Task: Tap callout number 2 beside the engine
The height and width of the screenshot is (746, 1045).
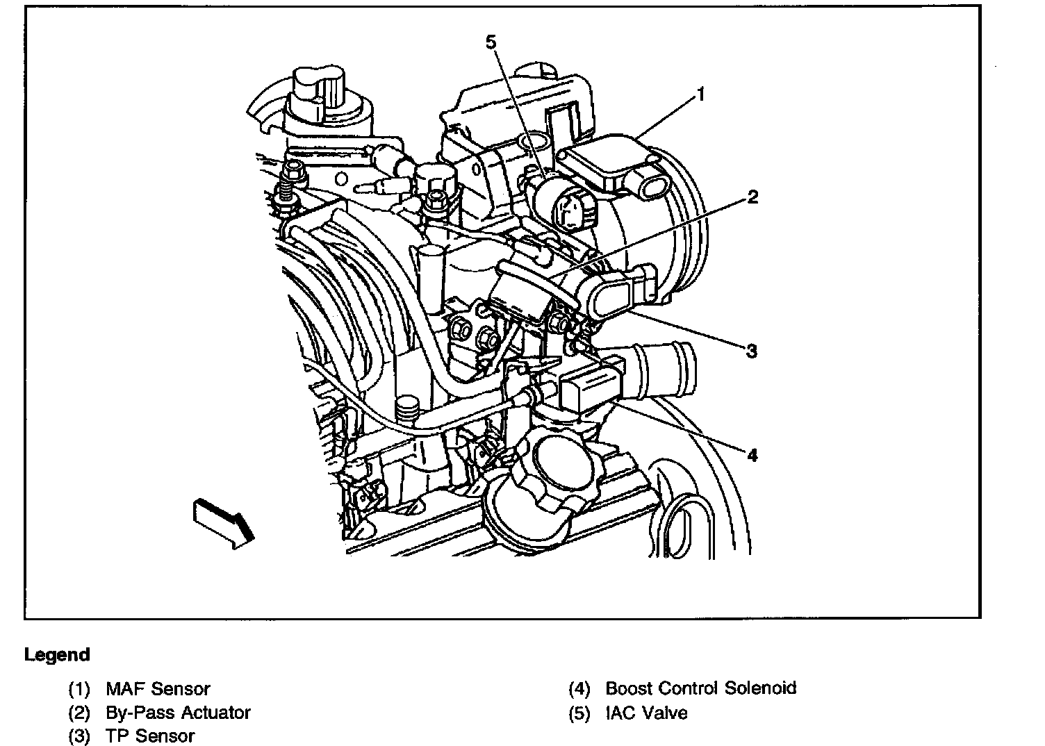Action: [752, 197]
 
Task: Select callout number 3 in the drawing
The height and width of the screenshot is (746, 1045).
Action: [751, 351]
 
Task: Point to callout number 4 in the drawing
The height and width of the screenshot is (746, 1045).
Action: [752, 455]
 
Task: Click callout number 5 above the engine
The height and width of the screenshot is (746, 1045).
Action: [491, 42]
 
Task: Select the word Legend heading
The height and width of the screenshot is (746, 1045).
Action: [57, 655]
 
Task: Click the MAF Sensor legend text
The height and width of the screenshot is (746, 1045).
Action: [158, 689]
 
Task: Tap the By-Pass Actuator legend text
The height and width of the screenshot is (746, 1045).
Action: [178, 713]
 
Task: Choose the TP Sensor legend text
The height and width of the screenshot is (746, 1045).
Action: [150, 736]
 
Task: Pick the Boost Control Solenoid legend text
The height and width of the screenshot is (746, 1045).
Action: [701, 688]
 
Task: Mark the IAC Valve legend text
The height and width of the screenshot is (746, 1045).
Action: [646, 713]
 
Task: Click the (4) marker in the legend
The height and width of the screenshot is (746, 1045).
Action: [579, 689]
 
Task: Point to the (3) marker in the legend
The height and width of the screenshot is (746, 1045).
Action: [79, 736]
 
